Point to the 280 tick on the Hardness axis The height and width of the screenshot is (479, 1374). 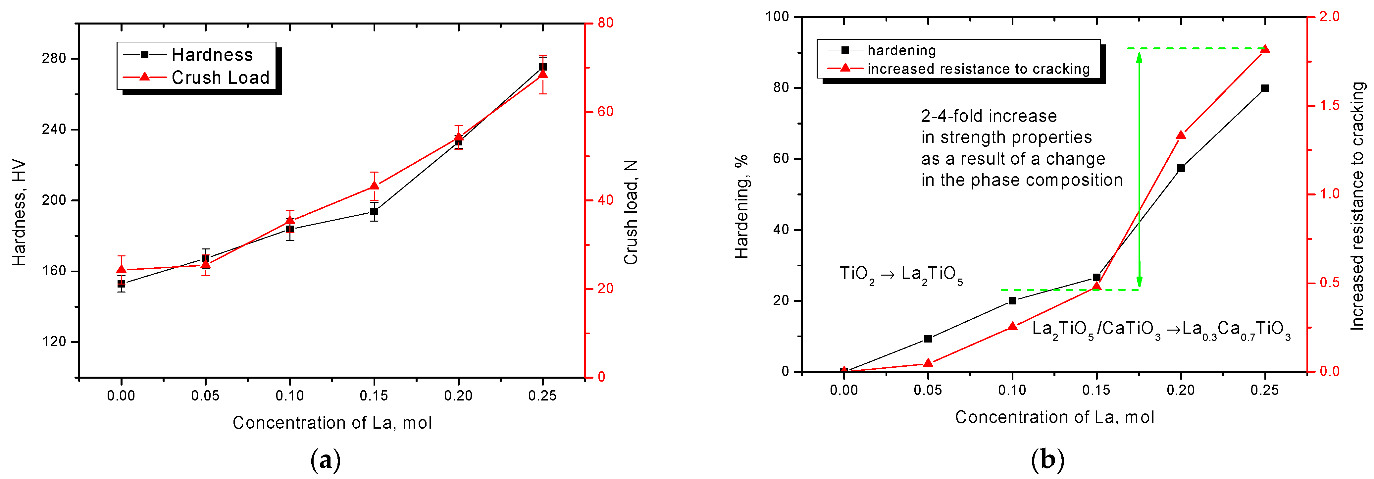pyautogui.click(x=54, y=58)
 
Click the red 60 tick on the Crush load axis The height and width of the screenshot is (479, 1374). pyautogui.click(x=605, y=112)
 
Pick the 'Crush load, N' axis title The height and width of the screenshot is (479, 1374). pyautogui.click(x=631, y=212)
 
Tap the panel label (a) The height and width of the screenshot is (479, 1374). pyautogui.click(x=325, y=459)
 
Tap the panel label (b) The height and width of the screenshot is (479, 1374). pyautogui.click(x=1047, y=459)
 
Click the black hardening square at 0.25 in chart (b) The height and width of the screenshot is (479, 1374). pyautogui.click(x=1265, y=88)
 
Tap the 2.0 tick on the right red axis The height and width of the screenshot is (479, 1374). pyautogui.click(x=1329, y=17)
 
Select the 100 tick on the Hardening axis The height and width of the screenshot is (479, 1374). pyautogui.click(x=777, y=17)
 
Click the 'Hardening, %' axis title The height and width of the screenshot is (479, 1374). pyautogui.click(x=742, y=207)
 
